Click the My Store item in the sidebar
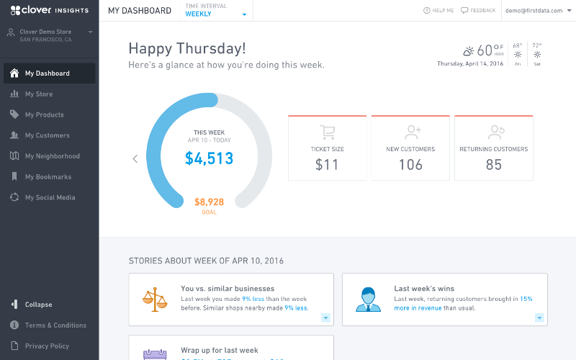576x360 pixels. click(39, 94)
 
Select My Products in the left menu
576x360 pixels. click(44, 114)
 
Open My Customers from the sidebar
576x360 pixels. click(47, 135)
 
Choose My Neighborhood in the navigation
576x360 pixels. click(52, 156)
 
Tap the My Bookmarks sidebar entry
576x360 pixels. click(48, 177)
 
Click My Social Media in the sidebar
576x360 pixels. click(50, 197)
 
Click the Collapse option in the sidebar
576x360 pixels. click(38, 305)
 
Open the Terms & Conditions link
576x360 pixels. click(55, 325)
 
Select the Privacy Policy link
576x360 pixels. click(47, 346)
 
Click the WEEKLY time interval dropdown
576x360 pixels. click(216, 14)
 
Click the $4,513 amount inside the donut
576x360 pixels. click(209, 158)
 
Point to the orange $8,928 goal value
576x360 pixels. click(209, 202)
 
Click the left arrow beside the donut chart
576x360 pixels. click(135, 159)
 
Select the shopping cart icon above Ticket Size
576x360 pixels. click(328, 132)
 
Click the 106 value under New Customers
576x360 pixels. click(410, 165)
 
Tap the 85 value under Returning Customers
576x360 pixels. click(493, 165)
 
